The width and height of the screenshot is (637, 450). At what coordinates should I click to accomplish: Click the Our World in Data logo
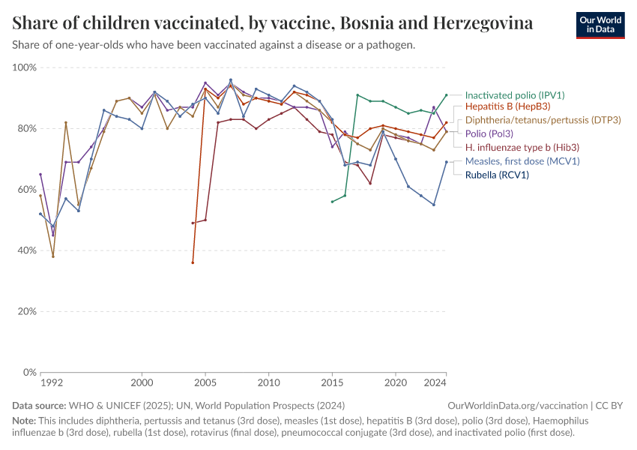coord(600,25)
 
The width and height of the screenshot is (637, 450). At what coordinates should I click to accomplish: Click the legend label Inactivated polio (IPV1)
coord(515,95)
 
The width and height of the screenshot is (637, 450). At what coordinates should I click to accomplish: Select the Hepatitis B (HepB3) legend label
coord(508,106)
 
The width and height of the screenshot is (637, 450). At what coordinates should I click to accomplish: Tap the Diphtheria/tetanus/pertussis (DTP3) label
coord(543,120)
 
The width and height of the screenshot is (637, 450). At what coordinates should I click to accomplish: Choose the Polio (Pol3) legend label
coord(489,133)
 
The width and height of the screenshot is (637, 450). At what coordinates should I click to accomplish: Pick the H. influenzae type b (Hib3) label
coord(522,148)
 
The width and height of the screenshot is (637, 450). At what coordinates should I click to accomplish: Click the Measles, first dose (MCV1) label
coord(522,161)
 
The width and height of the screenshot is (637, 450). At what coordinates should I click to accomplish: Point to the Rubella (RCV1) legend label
coord(497,175)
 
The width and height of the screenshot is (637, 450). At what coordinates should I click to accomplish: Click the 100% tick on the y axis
coord(25,67)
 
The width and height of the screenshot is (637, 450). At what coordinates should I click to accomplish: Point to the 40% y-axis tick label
coord(27,250)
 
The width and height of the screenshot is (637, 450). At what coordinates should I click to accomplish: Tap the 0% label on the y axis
coord(30,372)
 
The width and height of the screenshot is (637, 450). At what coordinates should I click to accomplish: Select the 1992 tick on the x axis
coord(52,383)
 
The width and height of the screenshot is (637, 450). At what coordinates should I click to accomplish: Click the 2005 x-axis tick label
coord(205,383)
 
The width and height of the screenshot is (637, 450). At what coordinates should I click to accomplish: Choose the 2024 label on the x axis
coord(435,383)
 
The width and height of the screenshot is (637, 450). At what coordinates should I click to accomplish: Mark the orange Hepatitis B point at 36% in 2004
coord(193,262)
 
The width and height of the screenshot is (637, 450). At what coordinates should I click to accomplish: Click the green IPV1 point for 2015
coord(332,202)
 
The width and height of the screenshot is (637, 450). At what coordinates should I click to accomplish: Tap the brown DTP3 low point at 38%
coord(52,256)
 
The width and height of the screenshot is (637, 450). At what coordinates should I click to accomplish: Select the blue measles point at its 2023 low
coord(434,205)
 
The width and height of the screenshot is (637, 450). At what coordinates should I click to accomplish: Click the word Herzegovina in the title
coord(483,23)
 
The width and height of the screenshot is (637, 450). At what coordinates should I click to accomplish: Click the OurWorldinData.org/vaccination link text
coord(518,406)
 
